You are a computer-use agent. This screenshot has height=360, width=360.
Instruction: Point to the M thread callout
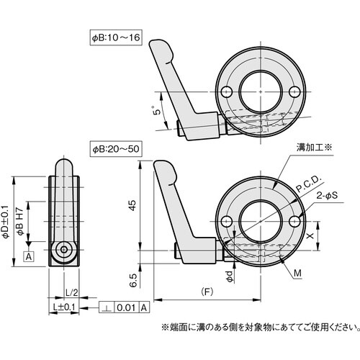pyautogui.click(x=298, y=271)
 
